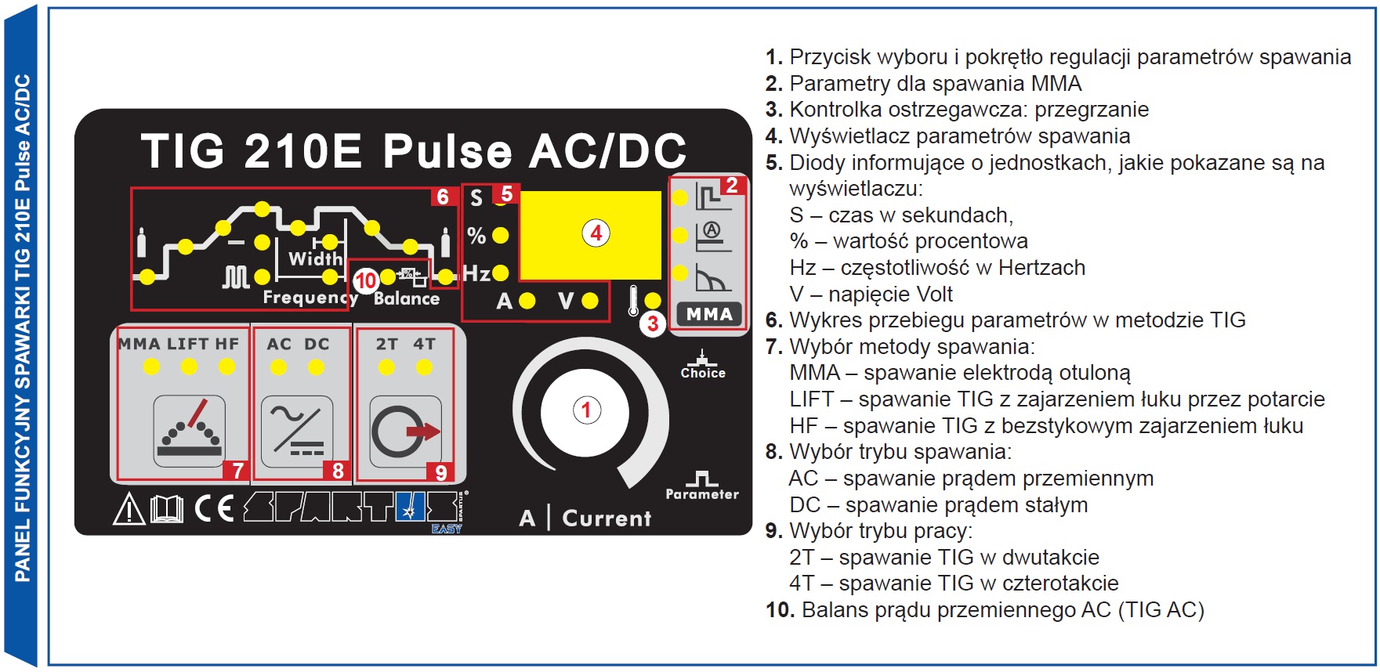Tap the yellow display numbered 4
(590, 234)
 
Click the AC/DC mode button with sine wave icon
(296, 431)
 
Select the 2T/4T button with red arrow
(405, 431)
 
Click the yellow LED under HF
(227, 367)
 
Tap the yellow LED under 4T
(424, 367)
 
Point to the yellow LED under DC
(317, 367)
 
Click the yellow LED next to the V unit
(590, 301)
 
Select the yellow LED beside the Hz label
(501, 273)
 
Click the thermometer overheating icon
(633, 301)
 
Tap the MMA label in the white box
(709, 314)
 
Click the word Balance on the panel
(407, 298)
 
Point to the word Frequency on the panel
(310, 298)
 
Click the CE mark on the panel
(214, 509)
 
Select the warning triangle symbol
(129, 509)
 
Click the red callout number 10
(366, 280)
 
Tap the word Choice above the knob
(703, 374)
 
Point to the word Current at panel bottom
(607, 518)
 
